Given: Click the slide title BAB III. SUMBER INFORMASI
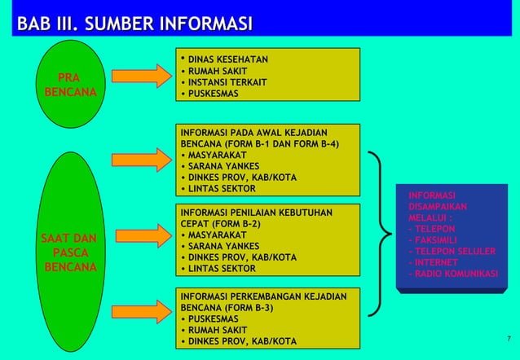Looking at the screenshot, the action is pos(134,24).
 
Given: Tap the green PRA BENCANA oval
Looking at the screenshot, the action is pos(71,84).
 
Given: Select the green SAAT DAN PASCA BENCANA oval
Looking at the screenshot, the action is pos(70,252).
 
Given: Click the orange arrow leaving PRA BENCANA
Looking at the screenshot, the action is pos(142,76).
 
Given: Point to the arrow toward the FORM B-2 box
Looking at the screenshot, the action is pos(144,236).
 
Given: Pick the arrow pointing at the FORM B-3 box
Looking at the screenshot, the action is pos(142,312).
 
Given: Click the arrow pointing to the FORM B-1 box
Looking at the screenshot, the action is pos(142,160).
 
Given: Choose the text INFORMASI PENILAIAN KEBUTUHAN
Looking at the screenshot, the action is pos(257,213).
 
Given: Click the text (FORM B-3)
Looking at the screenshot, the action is pos(249,308).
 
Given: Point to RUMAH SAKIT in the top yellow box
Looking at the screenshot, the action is pos(218,71).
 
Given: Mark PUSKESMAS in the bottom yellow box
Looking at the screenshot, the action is pos(214,319).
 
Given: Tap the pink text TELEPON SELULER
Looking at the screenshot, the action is pos(456,251).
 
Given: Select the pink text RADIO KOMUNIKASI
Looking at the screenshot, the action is pos(456,274).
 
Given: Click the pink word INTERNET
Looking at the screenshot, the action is pos(436,262).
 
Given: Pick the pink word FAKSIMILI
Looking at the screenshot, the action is pos(436,239).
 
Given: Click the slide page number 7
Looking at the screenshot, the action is pos(509,339).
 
